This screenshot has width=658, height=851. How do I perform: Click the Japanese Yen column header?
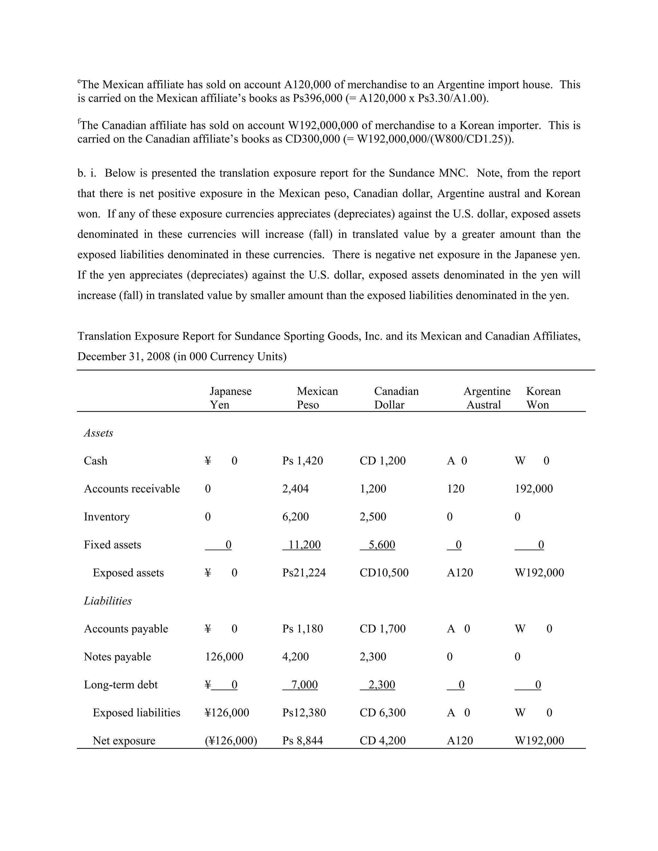230,398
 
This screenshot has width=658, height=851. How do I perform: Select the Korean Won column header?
543,398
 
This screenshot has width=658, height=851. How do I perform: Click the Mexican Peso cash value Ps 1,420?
302,461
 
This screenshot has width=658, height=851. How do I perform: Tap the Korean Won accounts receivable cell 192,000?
533,489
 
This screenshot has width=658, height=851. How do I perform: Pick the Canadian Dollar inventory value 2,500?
373,517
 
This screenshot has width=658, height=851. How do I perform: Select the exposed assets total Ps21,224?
304,573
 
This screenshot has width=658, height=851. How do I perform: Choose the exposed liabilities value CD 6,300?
382,713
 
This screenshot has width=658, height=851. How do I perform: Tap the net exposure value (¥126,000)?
231,741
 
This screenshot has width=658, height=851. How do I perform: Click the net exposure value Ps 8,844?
302,741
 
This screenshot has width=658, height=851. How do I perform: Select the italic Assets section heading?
98,433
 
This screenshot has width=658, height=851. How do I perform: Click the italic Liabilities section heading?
108,601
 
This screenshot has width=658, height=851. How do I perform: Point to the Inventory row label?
106,517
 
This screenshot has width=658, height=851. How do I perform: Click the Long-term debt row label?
120,685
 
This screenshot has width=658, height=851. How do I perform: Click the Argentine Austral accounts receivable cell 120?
455,489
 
